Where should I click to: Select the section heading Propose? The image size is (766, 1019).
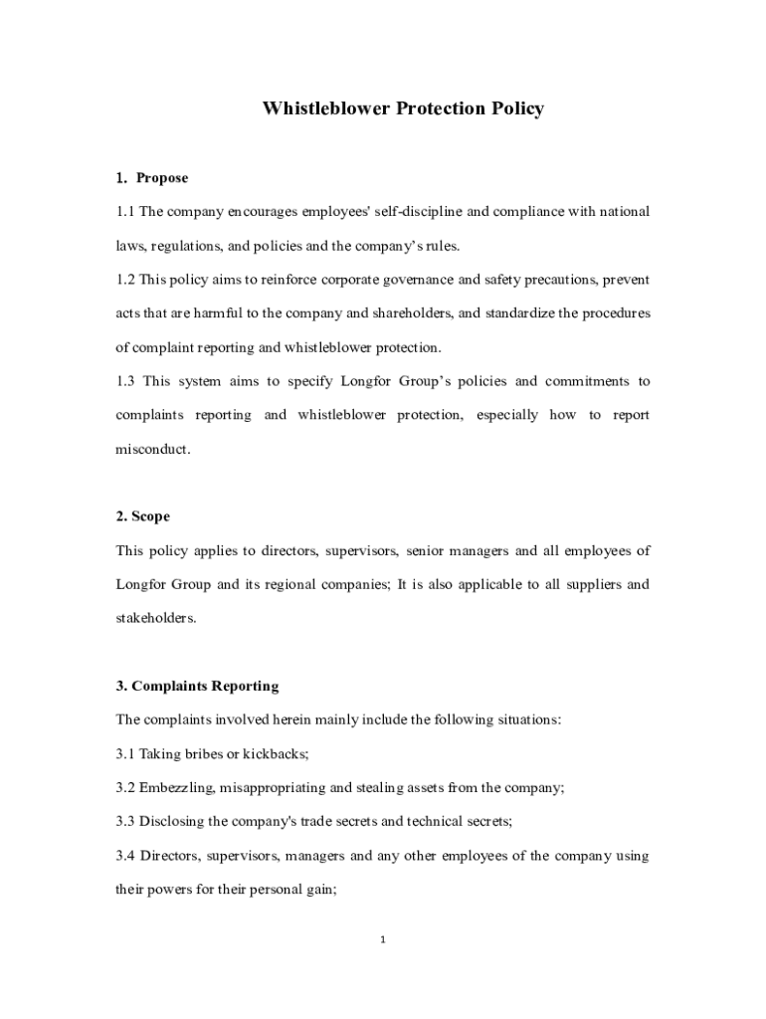pyautogui.click(x=162, y=178)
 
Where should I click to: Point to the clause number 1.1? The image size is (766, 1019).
pyautogui.click(x=125, y=212)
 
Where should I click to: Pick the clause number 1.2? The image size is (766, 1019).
pyautogui.click(x=125, y=280)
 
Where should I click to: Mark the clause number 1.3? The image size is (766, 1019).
pyautogui.click(x=125, y=381)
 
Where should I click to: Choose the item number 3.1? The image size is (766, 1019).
pyautogui.click(x=125, y=753)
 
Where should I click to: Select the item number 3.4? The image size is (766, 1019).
pyautogui.click(x=126, y=855)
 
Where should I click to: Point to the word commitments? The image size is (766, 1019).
pyautogui.click(x=586, y=381)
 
